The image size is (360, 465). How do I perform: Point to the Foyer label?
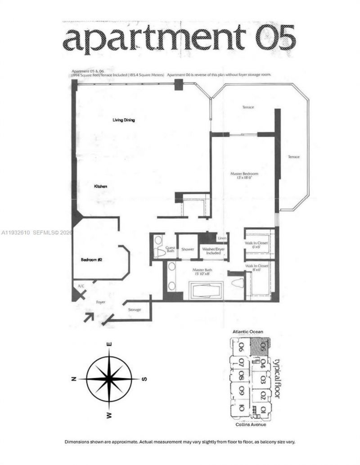100,302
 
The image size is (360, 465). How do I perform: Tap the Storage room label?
134,310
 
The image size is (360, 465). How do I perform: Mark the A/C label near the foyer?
81,286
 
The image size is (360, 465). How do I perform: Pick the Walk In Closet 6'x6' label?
257,244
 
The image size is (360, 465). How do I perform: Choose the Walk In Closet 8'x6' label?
257,268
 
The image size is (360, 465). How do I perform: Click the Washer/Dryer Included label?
211,250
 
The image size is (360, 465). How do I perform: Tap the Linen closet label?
222,238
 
